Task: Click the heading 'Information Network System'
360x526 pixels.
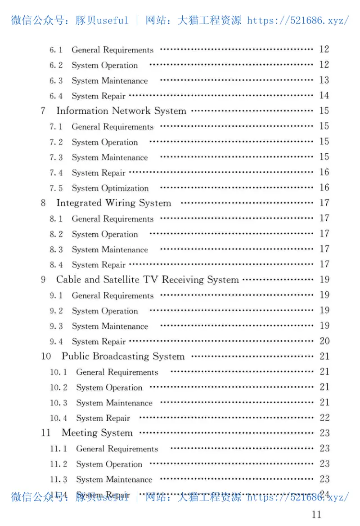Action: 121,111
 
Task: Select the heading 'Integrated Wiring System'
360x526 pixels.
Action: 113,203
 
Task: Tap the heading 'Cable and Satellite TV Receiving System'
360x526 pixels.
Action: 147,280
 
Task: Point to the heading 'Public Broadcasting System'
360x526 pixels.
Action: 123,357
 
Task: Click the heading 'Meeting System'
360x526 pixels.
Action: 97,433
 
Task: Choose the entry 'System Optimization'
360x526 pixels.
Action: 110,188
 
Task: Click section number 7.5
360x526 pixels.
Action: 56,188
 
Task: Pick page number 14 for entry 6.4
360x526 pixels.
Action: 324,95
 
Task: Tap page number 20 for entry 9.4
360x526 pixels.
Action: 324,341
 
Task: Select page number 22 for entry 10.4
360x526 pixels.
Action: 324,418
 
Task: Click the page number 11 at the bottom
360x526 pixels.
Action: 316,514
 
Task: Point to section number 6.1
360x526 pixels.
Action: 56,50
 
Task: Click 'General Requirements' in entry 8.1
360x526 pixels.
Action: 112,219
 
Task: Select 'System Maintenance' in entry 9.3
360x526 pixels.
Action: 110,326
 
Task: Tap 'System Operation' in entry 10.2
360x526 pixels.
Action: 109,388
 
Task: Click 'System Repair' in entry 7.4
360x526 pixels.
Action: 99,173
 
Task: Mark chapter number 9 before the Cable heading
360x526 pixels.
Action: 43,280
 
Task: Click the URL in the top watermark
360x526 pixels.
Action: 298,20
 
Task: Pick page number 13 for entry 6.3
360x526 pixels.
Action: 324,80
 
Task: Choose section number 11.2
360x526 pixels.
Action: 58,464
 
